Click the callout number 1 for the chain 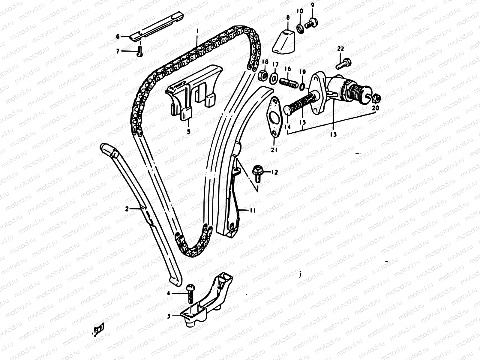coord(197,31)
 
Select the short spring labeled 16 coord(288,82)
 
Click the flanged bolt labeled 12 coord(258,172)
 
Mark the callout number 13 coord(333,134)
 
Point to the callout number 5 coord(188,131)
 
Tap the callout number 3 coord(169,316)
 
